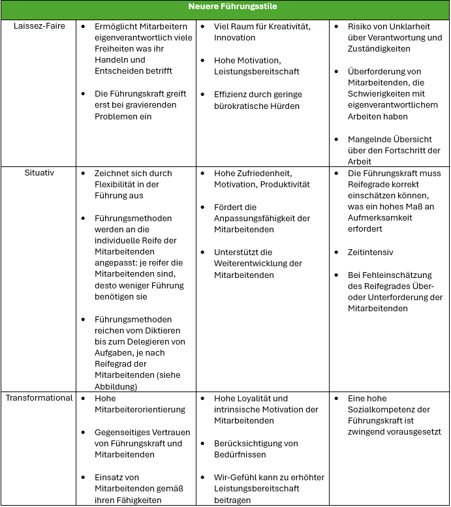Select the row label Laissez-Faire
click(x=39, y=26)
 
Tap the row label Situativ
click(x=39, y=174)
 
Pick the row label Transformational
click(x=39, y=398)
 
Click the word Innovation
click(x=235, y=38)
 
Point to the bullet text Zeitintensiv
click(x=371, y=252)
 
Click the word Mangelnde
click(x=370, y=140)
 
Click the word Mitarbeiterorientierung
click(x=140, y=409)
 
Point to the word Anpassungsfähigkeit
click(x=257, y=219)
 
